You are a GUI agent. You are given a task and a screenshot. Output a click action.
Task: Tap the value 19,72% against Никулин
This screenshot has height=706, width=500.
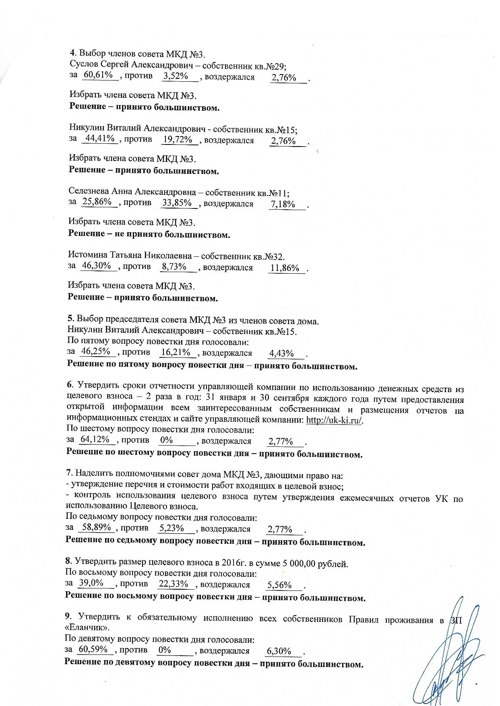click(177, 140)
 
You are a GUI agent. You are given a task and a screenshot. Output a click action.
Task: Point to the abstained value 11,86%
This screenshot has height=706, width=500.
click(285, 268)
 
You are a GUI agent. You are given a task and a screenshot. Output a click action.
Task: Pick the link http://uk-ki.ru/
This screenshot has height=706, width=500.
click(335, 420)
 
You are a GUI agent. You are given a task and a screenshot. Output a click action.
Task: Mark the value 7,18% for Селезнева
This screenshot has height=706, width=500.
click(283, 204)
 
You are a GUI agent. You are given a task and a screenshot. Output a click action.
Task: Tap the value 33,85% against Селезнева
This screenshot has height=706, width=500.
click(177, 202)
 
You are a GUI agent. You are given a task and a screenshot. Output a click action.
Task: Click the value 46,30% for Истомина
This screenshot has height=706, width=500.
click(96, 266)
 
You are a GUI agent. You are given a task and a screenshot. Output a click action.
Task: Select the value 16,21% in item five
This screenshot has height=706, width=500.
click(176, 353)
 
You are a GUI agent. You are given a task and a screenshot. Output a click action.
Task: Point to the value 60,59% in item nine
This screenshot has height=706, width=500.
click(93, 649)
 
